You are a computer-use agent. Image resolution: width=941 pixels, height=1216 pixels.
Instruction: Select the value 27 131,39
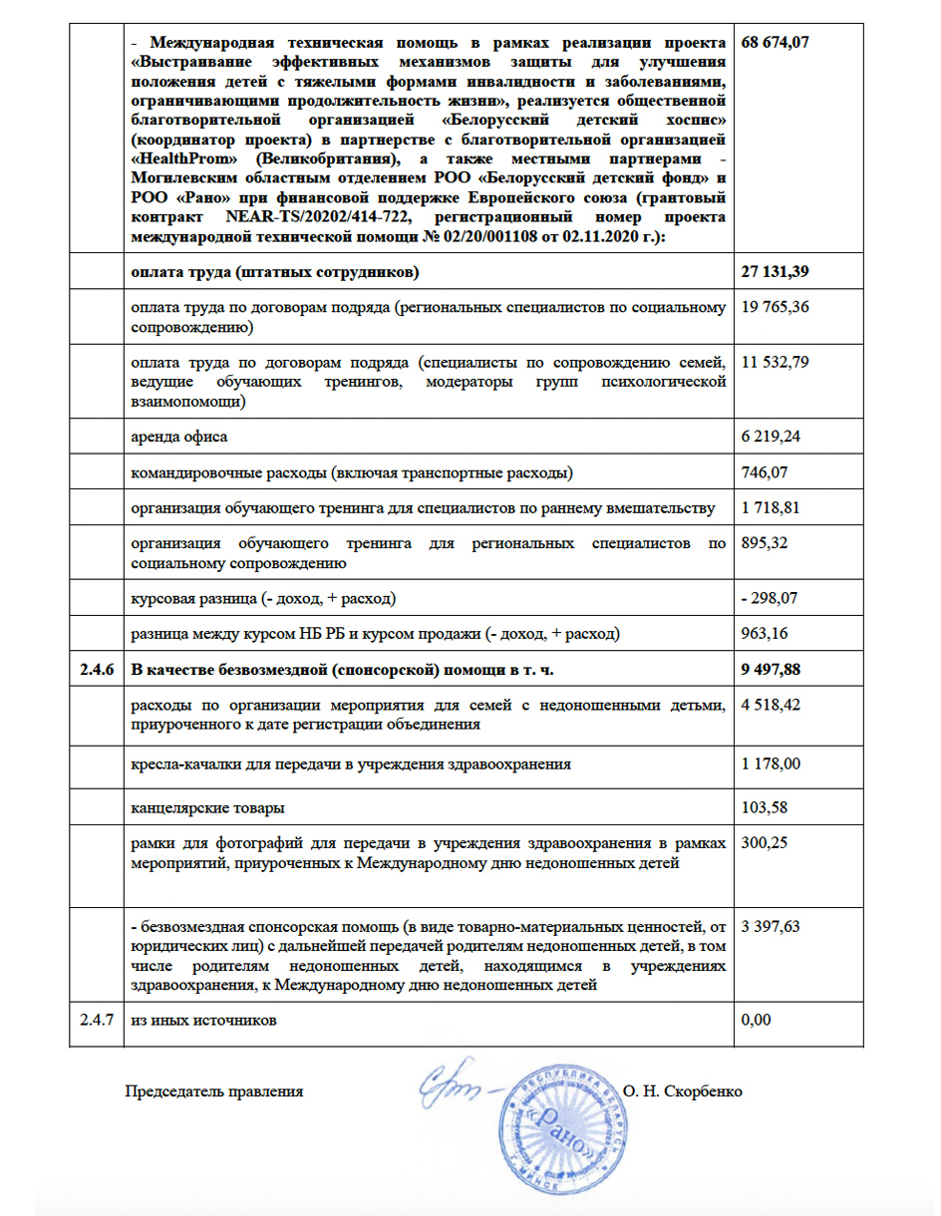click(776, 273)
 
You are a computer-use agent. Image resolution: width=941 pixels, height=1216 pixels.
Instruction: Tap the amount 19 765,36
click(776, 307)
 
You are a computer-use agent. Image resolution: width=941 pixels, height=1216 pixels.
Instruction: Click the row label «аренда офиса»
click(175, 437)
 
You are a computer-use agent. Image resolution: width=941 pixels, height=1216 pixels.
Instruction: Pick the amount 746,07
click(765, 472)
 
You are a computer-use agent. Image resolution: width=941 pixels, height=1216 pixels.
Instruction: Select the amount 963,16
click(765, 634)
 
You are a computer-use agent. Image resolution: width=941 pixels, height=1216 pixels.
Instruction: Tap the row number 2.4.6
click(97, 671)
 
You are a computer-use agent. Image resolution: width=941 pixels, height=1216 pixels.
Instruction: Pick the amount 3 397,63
click(772, 926)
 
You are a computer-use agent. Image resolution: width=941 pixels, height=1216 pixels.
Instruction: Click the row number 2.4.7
click(97, 1022)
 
